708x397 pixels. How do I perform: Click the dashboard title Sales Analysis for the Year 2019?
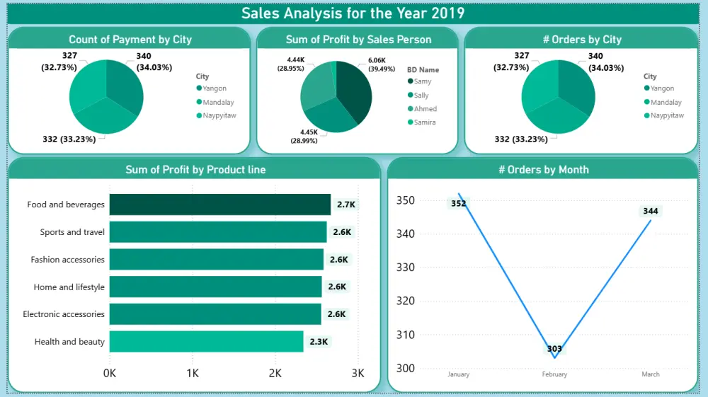[x=353, y=13]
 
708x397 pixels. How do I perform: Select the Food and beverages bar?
[x=219, y=205]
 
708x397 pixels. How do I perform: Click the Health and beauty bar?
[x=206, y=342]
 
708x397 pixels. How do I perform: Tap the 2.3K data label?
[x=319, y=342]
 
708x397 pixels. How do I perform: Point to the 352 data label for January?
[x=458, y=204]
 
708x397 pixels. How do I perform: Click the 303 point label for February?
[x=554, y=349]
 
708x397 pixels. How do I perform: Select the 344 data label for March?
[x=650, y=211]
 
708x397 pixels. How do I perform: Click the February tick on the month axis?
[x=554, y=374]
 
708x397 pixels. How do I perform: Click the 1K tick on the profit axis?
[x=192, y=374]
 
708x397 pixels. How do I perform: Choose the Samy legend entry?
[x=422, y=82]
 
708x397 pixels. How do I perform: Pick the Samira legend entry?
[x=424, y=122]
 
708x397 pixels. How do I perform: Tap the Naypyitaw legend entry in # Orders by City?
[x=667, y=115]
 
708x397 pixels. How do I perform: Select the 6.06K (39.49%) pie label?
[x=382, y=65]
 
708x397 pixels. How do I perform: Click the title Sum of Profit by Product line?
[x=195, y=170]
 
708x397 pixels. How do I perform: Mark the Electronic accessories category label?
[x=64, y=314]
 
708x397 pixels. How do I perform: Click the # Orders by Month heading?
[x=543, y=170]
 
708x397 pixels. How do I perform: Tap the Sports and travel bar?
[x=218, y=232]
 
